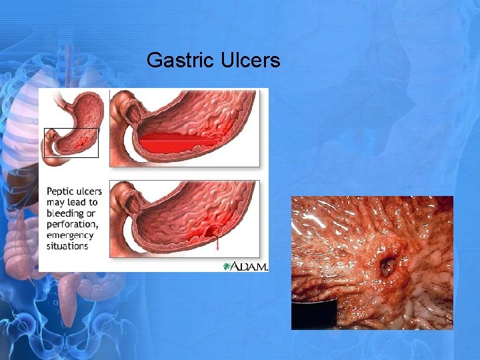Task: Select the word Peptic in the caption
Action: pyautogui.click(x=61, y=191)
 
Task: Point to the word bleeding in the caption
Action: pyautogui.click(x=66, y=213)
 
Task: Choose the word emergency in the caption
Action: pyautogui.click(x=70, y=235)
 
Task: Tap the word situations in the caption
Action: pyautogui.click(x=67, y=246)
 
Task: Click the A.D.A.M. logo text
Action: pyautogui.click(x=249, y=266)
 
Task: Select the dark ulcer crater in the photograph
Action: pyautogui.click(x=387, y=267)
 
